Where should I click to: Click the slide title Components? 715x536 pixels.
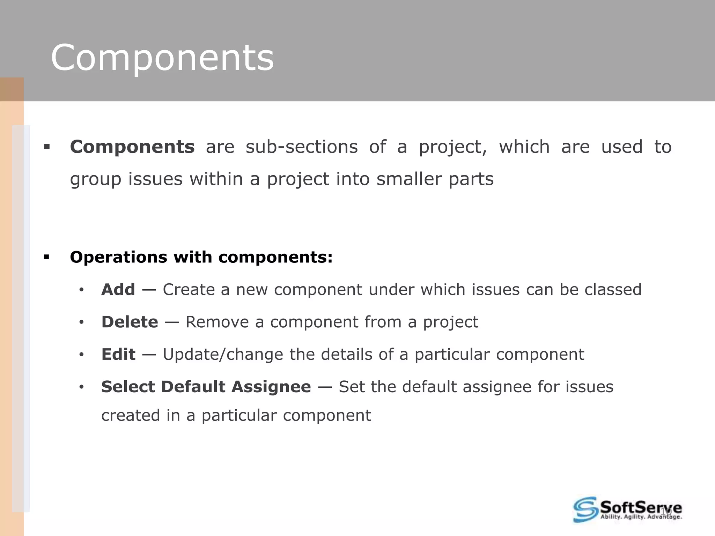pos(162,58)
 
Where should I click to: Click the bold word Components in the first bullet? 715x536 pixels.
pos(132,147)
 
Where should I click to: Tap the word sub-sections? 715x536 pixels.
pos(302,147)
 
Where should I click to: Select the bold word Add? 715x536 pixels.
pos(118,290)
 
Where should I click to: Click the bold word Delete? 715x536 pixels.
pos(130,322)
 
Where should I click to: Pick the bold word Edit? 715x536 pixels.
pos(118,355)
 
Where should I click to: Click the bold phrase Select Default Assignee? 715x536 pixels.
pos(206,387)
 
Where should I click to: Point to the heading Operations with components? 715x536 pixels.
pos(201,257)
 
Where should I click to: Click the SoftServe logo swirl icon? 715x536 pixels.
pos(585,509)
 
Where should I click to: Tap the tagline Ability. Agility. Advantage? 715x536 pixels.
pos(641,517)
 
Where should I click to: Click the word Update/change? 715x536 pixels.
pos(223,355)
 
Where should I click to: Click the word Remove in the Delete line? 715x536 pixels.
pos(217,322)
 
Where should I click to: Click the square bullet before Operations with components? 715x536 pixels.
pos(47,258)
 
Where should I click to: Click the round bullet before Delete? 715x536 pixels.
pos(81,323)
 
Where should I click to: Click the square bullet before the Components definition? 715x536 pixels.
pos(47,147)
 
